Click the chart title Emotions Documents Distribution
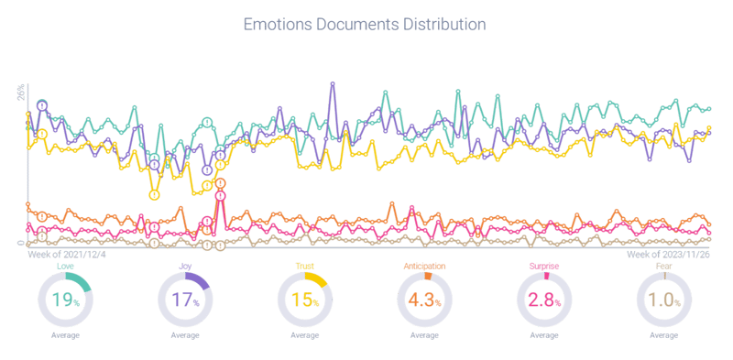click(x=366, y=25)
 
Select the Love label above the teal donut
click(x=64, y=267)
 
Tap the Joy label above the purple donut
click(x=185, y=267)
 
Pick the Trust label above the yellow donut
click(x=305, y=267)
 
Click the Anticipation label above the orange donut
click(x=425, y=267)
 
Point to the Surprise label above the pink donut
click(x=545, y=267)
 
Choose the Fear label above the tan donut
click(x=665, y=267)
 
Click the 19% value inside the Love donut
click(x=64, y=300)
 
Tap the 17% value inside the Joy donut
click(x=185, y=300)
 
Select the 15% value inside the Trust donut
click(x=305, y=300)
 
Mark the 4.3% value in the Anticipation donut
click(x=425, y=300)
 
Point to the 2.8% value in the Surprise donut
click(x=545, y=300)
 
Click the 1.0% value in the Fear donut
click(x=665, y=300)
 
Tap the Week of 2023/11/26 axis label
click(x=670, y=253)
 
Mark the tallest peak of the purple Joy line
click(x=332, y=84)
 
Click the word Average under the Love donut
click(x=64, y=336)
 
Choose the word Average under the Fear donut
click(x=665, y=336)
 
